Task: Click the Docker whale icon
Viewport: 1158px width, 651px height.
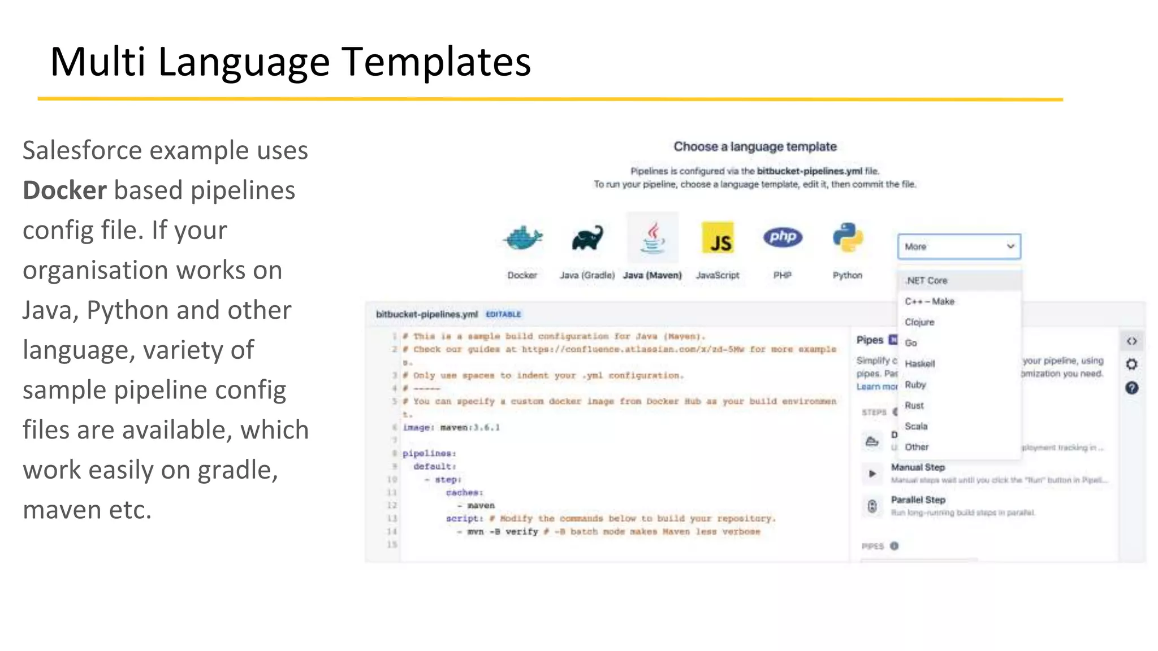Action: pyautogui.click(x=522, y=238)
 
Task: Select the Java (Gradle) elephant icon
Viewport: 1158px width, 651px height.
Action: pyautogui.click(x=587, y=238)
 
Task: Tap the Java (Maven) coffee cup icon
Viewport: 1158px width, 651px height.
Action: pyautogui.click(x=653, y=238)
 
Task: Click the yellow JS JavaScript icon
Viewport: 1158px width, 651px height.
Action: pyautogui.click(x=718, y=238)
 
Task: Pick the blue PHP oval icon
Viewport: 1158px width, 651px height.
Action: pyautogui.click(x=783, y=237)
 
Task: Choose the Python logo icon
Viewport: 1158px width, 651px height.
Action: pyautogui.click(x=848, y=238)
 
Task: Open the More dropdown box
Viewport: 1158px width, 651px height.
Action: pyautogui.click(x=959, y=246)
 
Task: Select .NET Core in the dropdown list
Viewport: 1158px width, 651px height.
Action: pyautogui.click(x=926, y=280)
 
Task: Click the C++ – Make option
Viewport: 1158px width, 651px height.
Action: pyautogui.click(x=930, y=301)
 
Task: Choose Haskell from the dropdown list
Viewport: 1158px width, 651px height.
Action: pyautogui.click(x=920, y=363)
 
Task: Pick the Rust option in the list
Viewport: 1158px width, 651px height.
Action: pyautogui.click(x=914, y=405)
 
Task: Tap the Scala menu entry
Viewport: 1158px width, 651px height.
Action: pyautogui.click(x=916, y=426)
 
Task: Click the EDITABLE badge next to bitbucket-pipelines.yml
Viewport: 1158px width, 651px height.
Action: pyautogui.click(x=503, y=314)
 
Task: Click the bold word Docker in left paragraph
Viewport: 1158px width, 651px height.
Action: pyautogui.click(x=64, y=190)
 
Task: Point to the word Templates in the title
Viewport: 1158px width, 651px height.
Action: pyautogui.click(x=436, y=62)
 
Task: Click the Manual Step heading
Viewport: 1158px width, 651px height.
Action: pyautogui.click(x=918, y=467)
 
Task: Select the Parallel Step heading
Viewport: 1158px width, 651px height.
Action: pyautogui.click(x=918, y=500)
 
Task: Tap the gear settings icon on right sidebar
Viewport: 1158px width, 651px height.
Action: pyautogui.click(x=1131, y=364)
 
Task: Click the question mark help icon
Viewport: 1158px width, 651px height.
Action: pyautogui.click(x=1131, y=388)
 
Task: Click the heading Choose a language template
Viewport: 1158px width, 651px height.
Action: pyautogui.click(x=755, y=147)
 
